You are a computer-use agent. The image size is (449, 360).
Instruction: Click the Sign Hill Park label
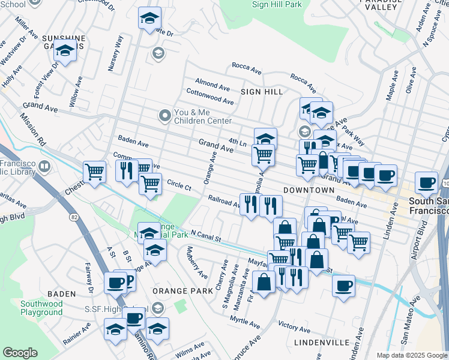pos(277,4)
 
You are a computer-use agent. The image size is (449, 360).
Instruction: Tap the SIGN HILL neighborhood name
pos(261,92)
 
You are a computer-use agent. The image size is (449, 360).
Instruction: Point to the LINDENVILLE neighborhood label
pos(322,342)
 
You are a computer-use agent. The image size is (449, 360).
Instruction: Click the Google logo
pos(20,352)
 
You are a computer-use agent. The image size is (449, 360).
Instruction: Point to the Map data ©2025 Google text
pos(411,355)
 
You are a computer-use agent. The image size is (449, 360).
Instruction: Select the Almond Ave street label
pos(212,83)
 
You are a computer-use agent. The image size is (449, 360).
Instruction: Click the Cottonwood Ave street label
pos(209,97)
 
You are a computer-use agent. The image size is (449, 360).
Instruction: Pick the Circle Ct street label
pos(179,185)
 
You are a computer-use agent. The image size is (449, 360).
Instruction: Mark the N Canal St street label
pos(206,236)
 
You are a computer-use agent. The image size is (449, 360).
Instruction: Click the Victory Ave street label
pos(294,327)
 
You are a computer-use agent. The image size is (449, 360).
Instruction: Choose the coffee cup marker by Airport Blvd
pos(427,182)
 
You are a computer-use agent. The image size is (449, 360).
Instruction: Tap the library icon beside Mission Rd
pos(44,166)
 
